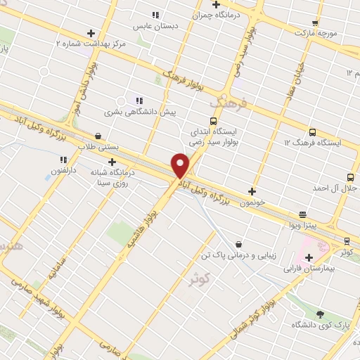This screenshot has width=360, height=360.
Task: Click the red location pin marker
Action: point(180,165)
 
